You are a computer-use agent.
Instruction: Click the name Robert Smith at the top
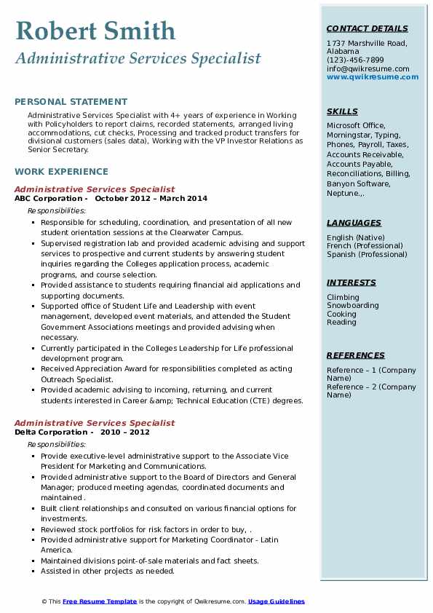tap(95, 31)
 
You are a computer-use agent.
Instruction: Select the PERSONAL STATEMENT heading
tap(71, 102)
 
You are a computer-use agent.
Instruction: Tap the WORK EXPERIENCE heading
tap(61, 172)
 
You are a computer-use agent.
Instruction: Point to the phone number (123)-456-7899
tap(355, 60)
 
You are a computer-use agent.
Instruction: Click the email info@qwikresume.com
tap(368, 68)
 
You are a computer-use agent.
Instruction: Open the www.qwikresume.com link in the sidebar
tap(368, 76)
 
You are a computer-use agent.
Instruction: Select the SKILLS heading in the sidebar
tap(342, 112)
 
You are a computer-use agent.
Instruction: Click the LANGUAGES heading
tap(354, 224)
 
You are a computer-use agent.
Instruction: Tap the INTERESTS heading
tap(351, 283)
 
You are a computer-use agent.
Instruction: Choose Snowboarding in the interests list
tap(353, 306)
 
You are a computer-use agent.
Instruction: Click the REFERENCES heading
tap(356, 355)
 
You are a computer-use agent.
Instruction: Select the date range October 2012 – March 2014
tap(151, 199)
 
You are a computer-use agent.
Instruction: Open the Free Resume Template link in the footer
tap(99, 601)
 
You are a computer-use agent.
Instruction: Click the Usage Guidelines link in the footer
tap(277, 601)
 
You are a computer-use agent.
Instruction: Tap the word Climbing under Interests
tap(343, 297)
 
